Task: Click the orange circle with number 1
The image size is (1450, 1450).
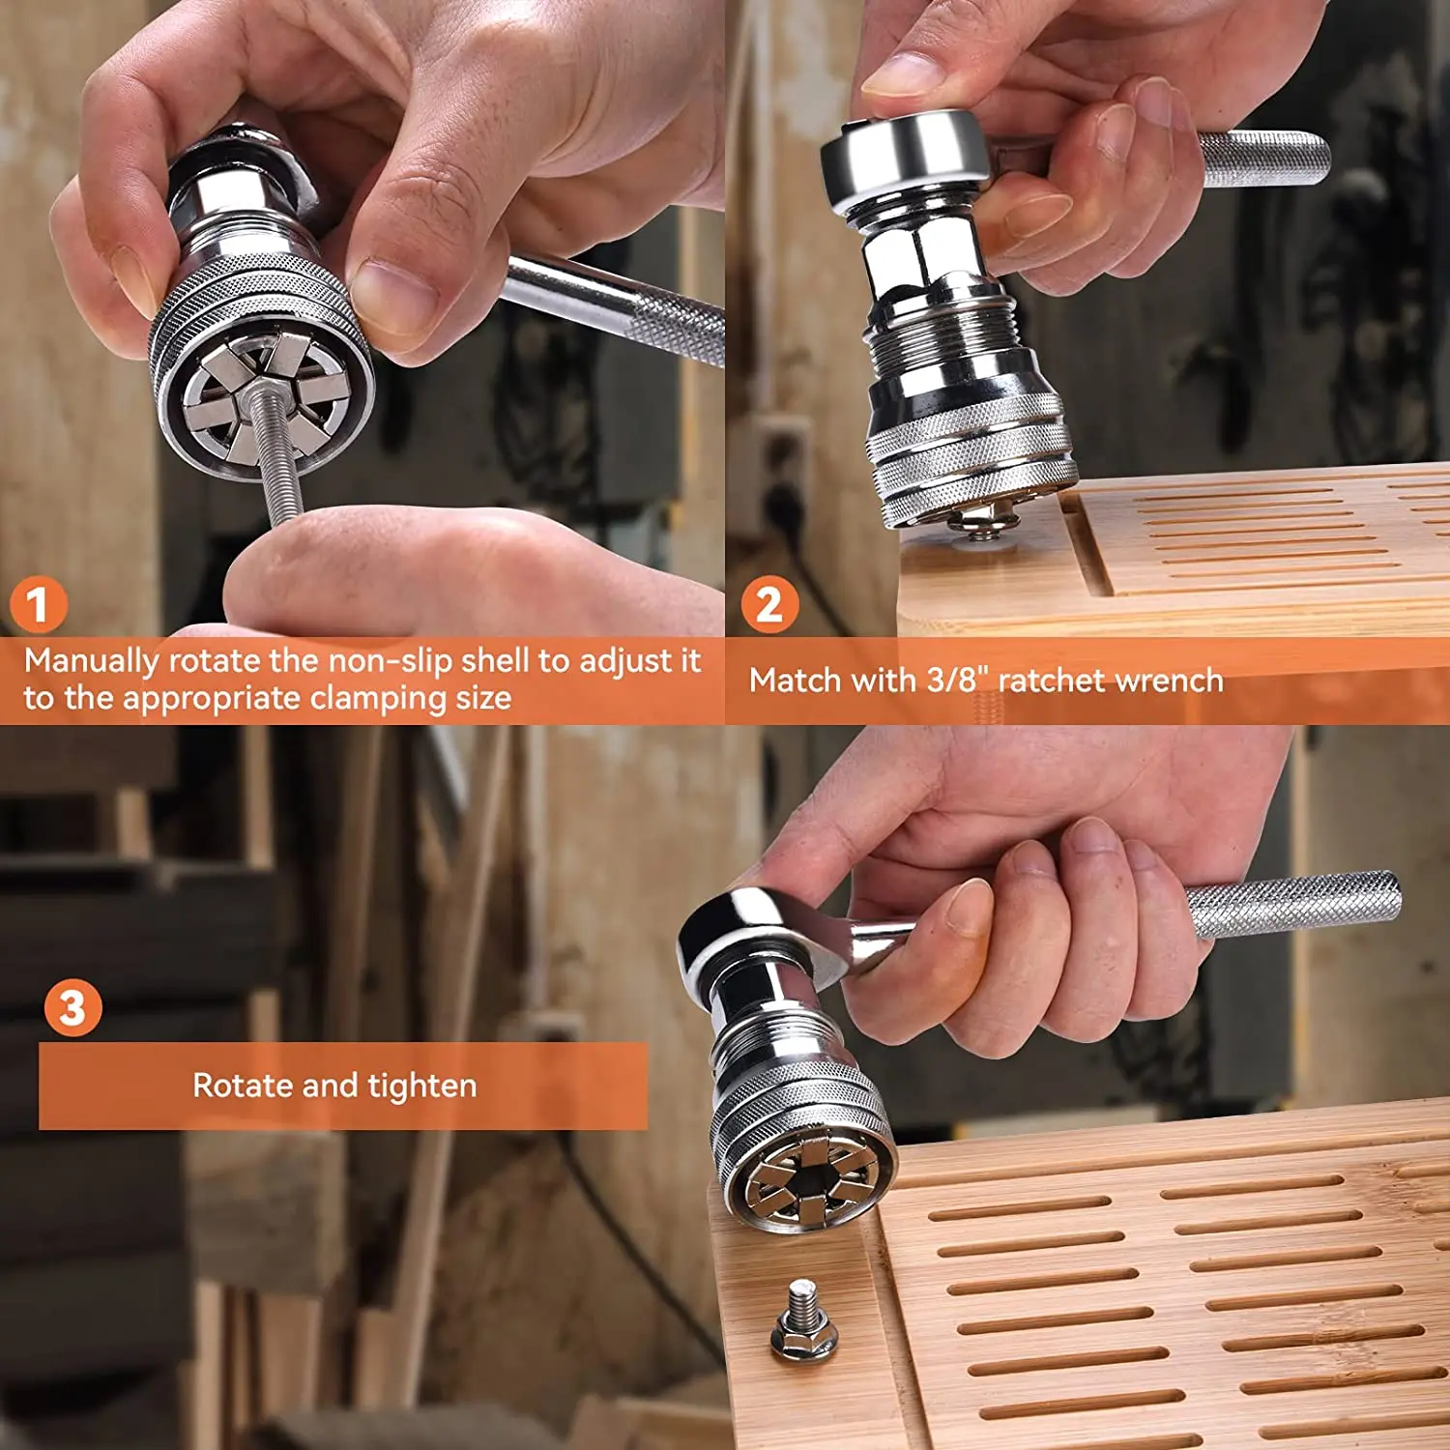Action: (x=38, y=605)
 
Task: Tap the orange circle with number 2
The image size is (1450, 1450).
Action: (x=769, y=605)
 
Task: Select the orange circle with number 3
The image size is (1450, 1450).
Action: (x=72, y=1008)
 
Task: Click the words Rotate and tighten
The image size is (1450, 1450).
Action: (x=334, y=1086)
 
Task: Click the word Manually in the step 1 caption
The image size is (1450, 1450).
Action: (x=92, y=661)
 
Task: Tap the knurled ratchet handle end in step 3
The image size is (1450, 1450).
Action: (x=1295, y=904)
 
